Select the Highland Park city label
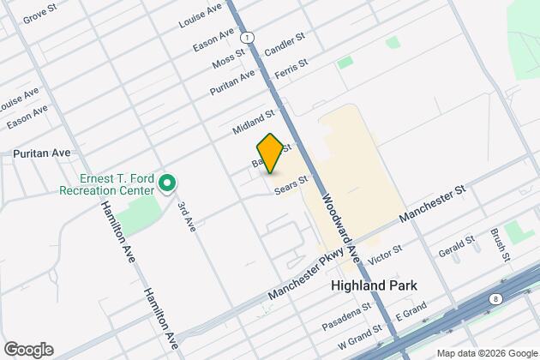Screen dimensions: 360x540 [376, 285]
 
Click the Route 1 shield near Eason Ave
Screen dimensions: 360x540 [246, 39]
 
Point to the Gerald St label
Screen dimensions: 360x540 [453, 249]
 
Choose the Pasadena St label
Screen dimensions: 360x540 [347, 316]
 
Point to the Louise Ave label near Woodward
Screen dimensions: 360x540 [200, 17]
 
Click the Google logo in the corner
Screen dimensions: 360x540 [27, 350]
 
